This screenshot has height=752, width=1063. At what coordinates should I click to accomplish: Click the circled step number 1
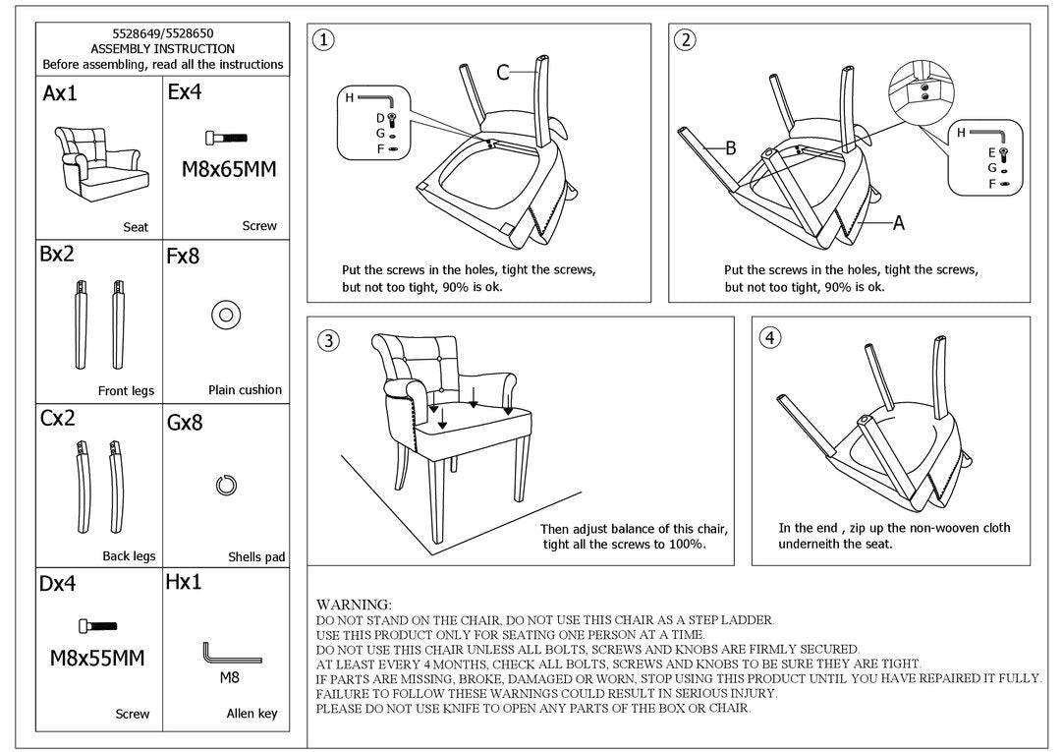click(323, 40)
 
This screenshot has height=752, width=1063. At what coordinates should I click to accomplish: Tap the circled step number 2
click(686, 40)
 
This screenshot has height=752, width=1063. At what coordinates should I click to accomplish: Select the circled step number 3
click(328, 341)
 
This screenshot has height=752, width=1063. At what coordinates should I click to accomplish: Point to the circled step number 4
click(770, 338)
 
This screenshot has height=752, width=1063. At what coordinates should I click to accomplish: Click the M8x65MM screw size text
click(229, 169)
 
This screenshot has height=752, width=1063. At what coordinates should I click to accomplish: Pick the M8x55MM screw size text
click(97, 658)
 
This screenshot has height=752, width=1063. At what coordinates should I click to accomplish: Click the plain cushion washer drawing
click(225, 316)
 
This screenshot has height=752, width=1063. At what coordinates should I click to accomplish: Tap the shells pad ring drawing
click(225, 485)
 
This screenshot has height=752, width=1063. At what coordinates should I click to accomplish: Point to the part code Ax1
click(60, 94)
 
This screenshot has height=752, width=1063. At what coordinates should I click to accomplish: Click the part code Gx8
click(185, 423)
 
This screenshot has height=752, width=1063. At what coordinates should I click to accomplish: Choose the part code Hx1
click(184, 582)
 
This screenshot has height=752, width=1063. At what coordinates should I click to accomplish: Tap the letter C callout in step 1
click(502, 72)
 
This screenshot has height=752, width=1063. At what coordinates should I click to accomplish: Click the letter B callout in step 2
click(731, 148)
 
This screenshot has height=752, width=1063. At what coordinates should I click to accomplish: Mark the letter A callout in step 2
click(898, 223)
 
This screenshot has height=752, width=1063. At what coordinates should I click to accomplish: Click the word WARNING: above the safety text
click(354, 604)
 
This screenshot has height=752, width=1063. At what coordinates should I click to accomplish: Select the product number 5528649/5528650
click(162, 33)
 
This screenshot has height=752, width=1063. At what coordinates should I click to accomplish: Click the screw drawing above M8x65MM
click(226, 138)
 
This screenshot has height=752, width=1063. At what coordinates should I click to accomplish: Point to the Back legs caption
click(129, 556)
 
